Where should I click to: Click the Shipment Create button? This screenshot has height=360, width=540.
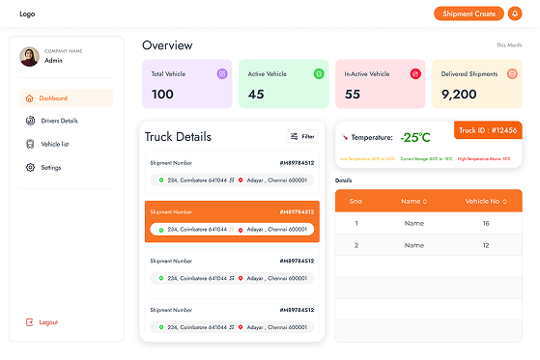469,14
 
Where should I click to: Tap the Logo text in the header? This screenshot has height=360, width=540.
27,14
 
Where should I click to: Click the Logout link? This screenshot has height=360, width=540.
47,321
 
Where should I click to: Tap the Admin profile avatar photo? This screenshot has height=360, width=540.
29,56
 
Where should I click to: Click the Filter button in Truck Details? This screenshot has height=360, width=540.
302,136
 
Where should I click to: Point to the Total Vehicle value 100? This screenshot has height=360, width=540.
162,94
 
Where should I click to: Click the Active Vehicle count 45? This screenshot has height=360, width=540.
256,94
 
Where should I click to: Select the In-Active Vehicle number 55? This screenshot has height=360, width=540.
353,94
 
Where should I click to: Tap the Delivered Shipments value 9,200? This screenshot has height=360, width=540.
460,94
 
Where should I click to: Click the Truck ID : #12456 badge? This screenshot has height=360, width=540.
488,130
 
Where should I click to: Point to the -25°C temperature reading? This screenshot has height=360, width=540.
416,137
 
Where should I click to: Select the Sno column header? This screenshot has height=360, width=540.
355,201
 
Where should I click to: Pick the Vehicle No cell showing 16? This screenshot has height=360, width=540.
486,223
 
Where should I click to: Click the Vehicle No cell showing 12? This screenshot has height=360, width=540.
486,245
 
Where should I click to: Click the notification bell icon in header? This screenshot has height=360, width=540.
514,14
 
